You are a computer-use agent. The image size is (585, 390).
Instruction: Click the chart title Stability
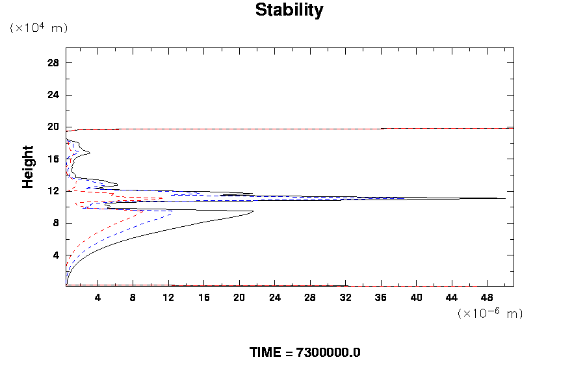point(289,10)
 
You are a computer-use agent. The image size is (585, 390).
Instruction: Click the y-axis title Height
point(28,175)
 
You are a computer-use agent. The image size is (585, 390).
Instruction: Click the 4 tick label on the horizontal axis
point(97,298)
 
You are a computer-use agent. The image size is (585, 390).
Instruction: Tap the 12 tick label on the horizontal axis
point(168,298)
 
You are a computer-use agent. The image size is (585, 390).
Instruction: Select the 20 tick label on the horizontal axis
point(239,298)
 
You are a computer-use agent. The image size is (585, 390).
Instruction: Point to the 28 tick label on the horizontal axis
point(310,298)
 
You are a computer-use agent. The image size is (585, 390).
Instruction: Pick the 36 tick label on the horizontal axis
point(381,298)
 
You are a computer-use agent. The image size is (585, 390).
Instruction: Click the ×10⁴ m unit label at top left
point(38,28)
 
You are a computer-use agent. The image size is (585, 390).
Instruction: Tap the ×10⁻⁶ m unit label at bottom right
point(490,313)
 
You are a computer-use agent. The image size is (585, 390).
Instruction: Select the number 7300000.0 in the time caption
point(328,353)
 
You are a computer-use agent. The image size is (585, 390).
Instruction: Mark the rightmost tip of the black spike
point(505,198)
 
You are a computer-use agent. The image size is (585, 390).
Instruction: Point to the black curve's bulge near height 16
point(89,153)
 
